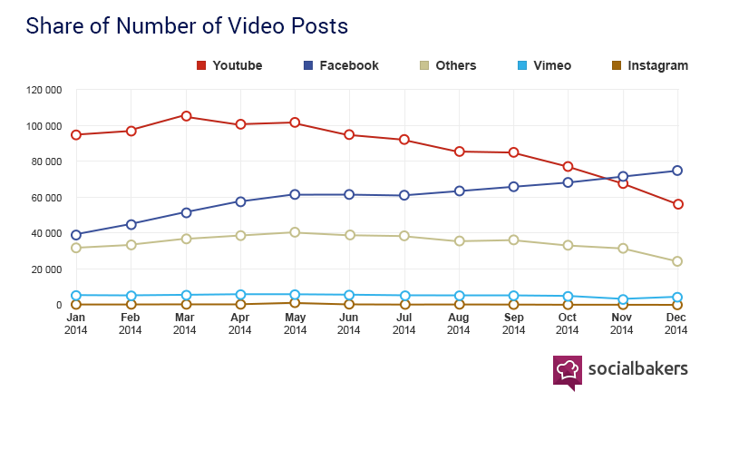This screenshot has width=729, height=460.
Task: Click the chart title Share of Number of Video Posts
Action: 187,26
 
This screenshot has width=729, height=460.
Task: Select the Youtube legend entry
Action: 229,65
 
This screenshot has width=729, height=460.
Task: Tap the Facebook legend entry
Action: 341,65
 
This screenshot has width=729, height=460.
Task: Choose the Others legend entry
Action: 447,65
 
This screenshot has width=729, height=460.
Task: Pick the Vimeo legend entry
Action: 544,65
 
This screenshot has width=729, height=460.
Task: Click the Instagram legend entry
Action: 648,65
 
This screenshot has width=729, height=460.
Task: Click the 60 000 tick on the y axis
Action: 46,198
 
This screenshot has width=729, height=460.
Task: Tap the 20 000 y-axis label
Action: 46,269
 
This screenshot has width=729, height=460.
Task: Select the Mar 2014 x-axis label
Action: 185,324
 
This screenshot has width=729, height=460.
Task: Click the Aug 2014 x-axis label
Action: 459,324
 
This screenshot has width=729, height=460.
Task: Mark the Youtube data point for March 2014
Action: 186,116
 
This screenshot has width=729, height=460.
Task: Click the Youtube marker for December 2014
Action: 677,204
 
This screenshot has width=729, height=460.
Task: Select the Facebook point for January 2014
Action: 76,235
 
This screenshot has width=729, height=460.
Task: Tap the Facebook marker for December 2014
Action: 677,171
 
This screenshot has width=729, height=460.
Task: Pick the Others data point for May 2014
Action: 295,232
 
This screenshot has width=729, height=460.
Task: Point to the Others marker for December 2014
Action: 677,261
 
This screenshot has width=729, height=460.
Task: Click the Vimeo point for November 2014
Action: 623,299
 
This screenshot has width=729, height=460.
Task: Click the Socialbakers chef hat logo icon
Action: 568,370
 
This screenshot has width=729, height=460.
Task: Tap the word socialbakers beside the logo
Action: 637,368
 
